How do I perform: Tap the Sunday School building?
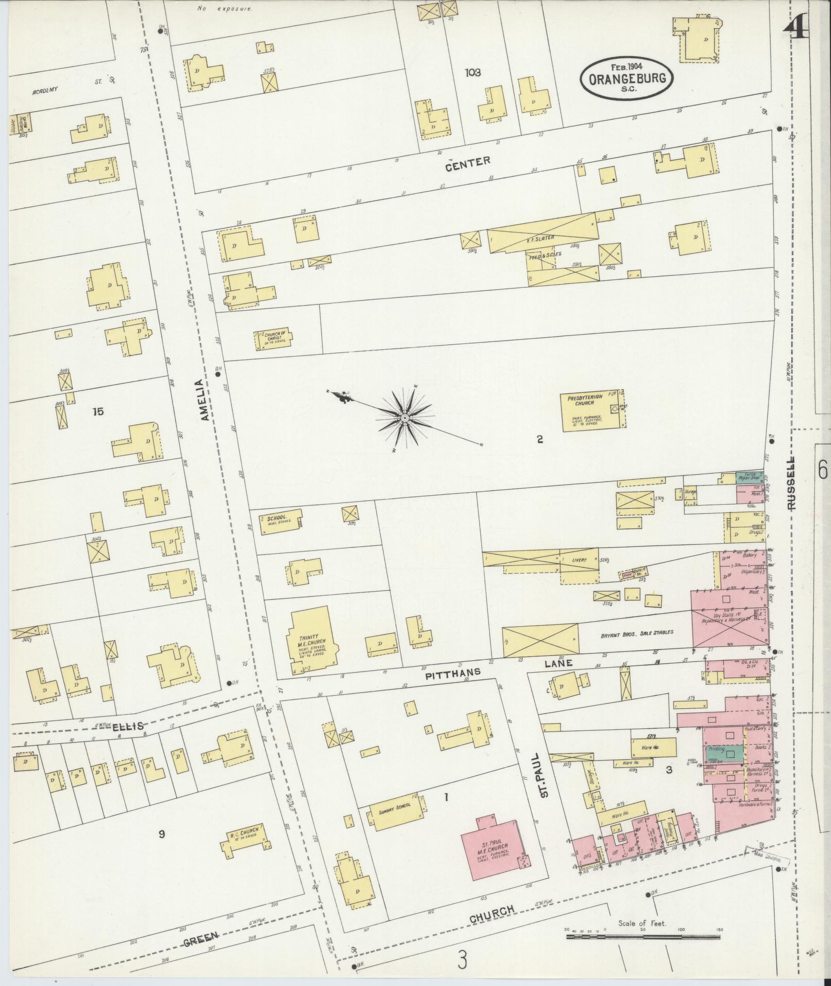click(395, 811)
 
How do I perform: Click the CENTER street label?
click(468, 163)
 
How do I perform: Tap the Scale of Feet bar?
click(643, 936)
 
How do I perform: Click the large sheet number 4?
click(795, 26)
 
